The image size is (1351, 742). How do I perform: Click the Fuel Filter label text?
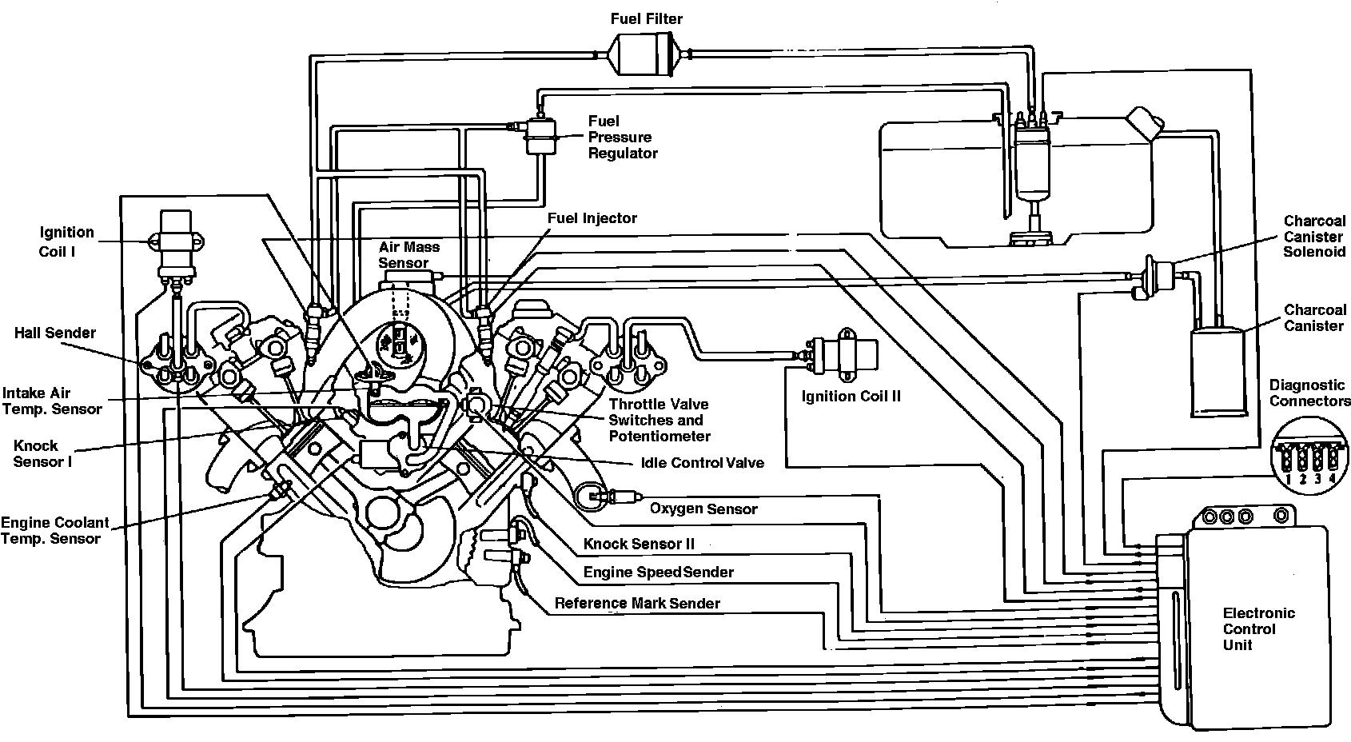pos(647,18)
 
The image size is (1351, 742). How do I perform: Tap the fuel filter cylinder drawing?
pos(647,54)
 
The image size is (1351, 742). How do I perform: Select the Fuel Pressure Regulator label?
pos(623,137)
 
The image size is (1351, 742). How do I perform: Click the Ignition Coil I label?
pos(66,241)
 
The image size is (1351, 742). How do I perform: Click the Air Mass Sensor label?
pos(408,255)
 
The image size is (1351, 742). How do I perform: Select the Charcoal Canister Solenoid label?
pos(1314,236)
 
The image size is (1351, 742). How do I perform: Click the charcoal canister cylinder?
pos(1218,372)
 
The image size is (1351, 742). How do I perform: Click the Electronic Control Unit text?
pos(1258,628)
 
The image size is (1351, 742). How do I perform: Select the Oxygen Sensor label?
pos(703,509)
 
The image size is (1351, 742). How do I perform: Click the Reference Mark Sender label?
pos(637,604)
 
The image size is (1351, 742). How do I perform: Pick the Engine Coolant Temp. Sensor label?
pos(54,530)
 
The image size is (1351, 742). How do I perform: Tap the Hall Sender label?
pos(55,333)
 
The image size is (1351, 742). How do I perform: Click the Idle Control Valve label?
pos(702,463)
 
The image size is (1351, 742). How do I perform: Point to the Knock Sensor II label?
pos(639,544)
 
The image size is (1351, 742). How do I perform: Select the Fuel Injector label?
pos(592,218)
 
